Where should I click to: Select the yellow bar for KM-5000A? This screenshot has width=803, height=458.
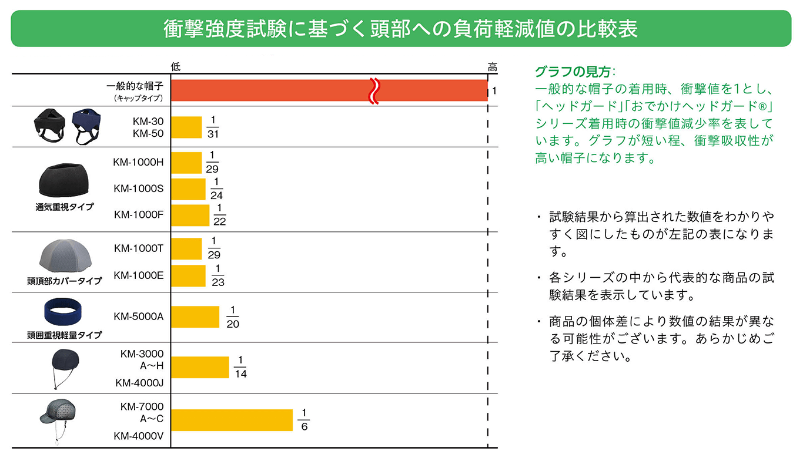pyautogui.click(x=195, y=316)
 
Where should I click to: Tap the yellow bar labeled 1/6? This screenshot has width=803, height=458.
pyautogui.click(x=232, y=420)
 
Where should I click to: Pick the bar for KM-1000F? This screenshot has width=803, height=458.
pyautogui.click(x=190, y=215)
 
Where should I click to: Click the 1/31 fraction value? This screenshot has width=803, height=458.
pyautogui.click(x=213, y=127)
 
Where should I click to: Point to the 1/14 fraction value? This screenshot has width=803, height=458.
pyautogui.click(x=240, y=367)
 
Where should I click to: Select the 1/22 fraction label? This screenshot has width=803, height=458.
pyautogui.click(x=220, y=215)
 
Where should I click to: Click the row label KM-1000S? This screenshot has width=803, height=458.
pyautogui.click(x=139, y=188)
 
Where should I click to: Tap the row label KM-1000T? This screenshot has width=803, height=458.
pyautogui.click(x=139, y=248)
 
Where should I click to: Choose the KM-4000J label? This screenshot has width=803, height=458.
pyautogui.click(x=139, y=383)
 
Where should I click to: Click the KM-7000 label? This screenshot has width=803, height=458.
pyautogui.click(x=142, y=406)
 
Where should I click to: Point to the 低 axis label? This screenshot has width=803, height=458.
pyautogui.click(x=176, y=67)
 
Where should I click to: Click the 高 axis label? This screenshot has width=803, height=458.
pyautogui.click(x=493, y=67)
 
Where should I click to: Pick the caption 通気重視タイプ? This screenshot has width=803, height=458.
pyautogui.click(x=64, y=207)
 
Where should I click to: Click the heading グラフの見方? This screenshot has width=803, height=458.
pyautogui.click(x=573, y=72)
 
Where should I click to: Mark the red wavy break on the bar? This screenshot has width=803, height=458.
pyautogui.click(x=374, y=90)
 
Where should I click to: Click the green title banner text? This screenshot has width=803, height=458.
pyautogui.click(x=401, y=29)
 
